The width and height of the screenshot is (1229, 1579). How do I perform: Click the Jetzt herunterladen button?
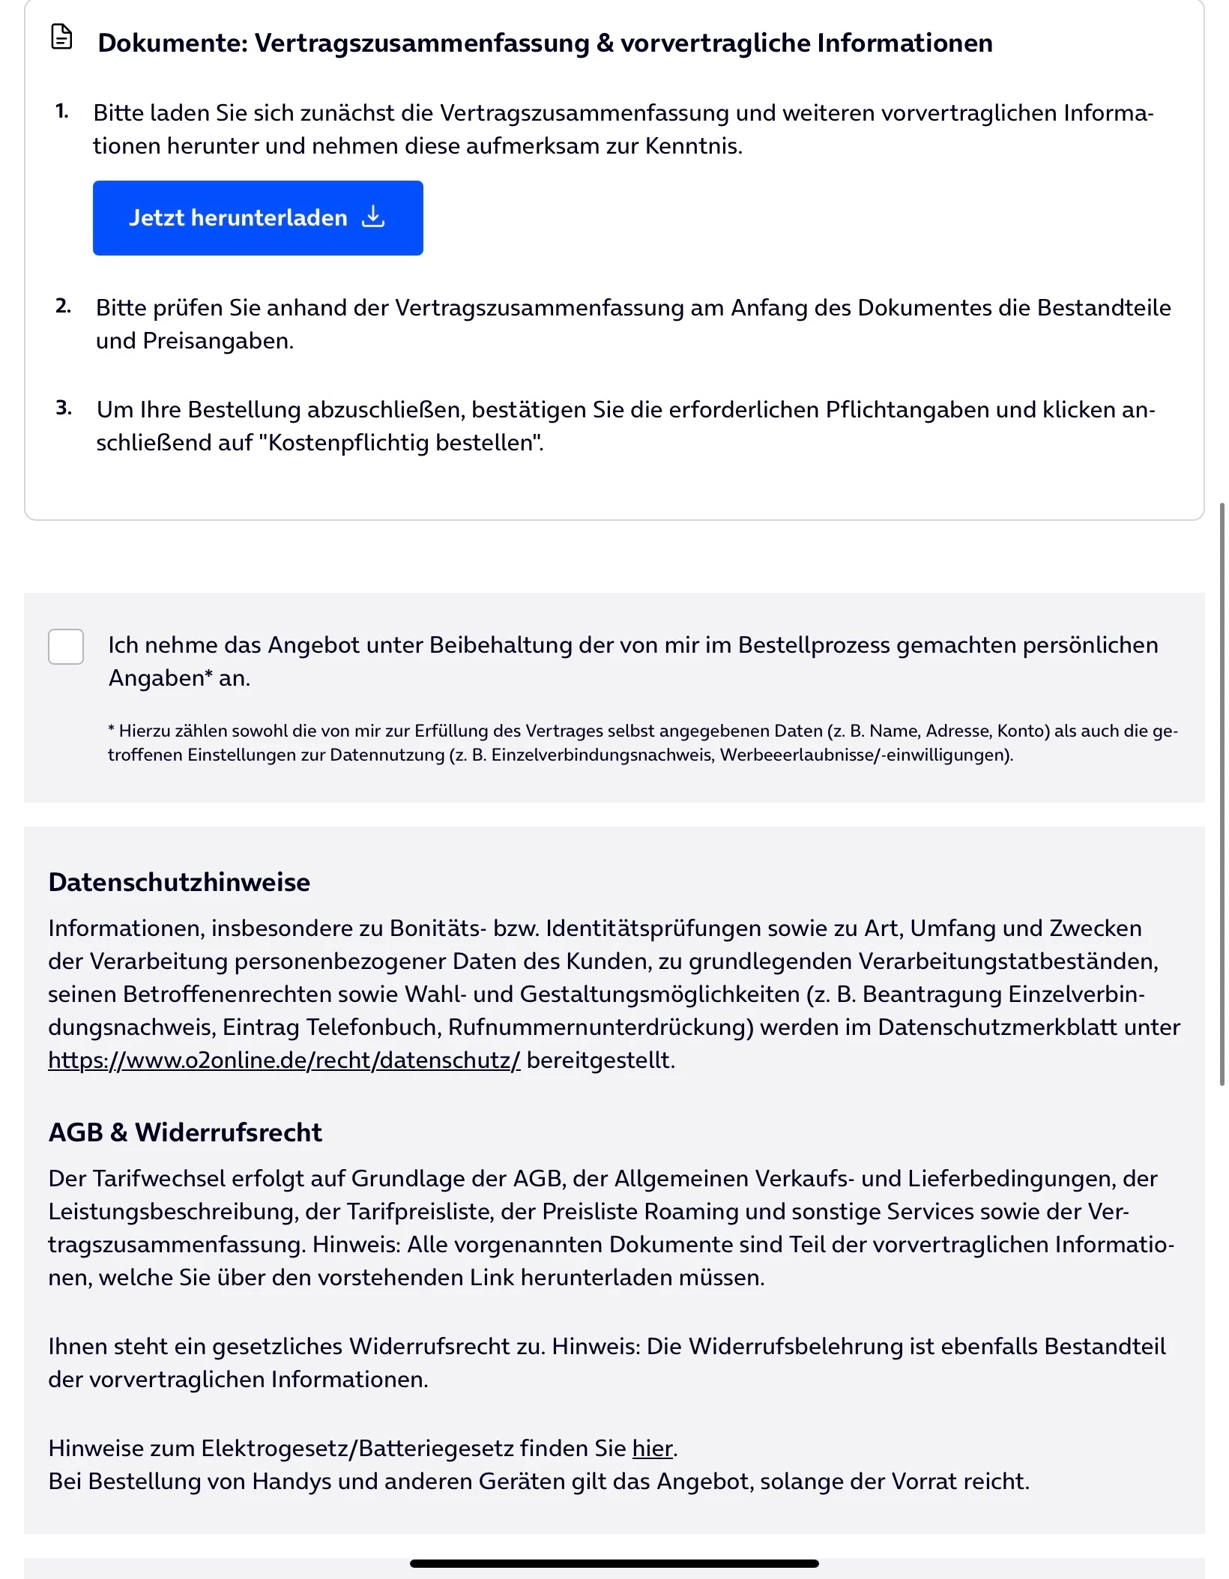(257, 218)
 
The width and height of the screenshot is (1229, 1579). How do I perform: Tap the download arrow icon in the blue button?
(373, 217)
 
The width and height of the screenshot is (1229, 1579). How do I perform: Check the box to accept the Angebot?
(66, 646)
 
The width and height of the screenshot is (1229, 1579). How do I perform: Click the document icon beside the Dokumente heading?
(61, 37)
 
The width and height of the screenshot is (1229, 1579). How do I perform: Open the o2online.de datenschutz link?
(284, 1060)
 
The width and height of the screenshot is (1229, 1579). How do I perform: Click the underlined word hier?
(652, 1449)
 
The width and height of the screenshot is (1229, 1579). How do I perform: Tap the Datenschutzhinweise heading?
(179, 882)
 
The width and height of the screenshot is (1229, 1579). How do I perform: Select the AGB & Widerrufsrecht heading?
(185, 1132)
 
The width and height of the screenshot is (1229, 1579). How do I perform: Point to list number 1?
(61, 112)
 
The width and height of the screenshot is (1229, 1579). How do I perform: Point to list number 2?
(63, 306)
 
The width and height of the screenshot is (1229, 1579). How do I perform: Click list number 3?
(64, 408)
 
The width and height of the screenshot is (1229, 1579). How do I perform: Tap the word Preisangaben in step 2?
(217, 341)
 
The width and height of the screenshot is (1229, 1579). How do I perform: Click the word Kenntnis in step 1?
(692, 146)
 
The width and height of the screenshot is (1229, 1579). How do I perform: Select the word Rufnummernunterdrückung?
(600, 1027)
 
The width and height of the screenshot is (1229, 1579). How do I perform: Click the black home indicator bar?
(614, 1563)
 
